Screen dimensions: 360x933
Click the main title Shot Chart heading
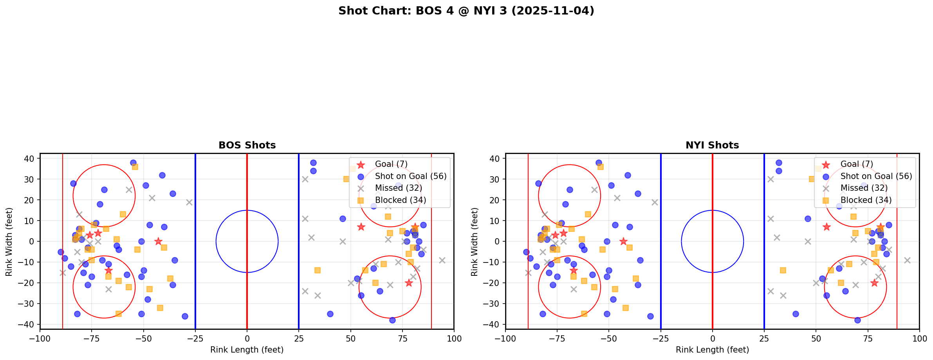466,11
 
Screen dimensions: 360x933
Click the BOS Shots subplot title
247,145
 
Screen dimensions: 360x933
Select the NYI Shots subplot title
712,145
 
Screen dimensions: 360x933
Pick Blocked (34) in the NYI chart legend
866,200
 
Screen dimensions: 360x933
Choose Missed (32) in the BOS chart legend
398,188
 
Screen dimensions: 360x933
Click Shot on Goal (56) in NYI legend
876,176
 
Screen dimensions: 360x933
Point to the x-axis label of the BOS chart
247,350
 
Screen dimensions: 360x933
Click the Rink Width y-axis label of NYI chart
475,241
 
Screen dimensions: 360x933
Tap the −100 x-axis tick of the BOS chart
40,338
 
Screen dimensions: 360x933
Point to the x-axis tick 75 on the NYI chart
868,338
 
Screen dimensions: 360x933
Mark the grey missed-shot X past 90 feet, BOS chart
442,260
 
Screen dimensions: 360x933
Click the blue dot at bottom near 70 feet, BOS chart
392,320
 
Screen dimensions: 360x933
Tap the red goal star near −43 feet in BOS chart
158,241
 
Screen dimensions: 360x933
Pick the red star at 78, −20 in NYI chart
874,283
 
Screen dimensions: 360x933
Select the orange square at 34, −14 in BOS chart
318,270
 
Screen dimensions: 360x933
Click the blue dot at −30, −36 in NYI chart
650,316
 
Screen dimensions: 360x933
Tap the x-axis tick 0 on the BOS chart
247,338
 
